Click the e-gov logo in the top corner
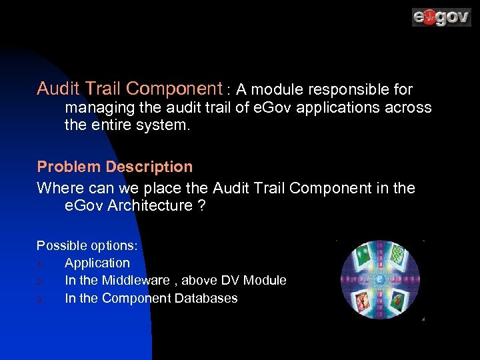coord(441,17)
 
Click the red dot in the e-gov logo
coord(429,17)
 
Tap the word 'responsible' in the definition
coord(343,89)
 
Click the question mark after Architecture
coord(201,206)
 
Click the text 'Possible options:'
coord(87,245)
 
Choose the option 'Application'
coord(97,263)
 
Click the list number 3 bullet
coord(40,299)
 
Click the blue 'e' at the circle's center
coord(379,279)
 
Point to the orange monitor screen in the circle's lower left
coord(362,302)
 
